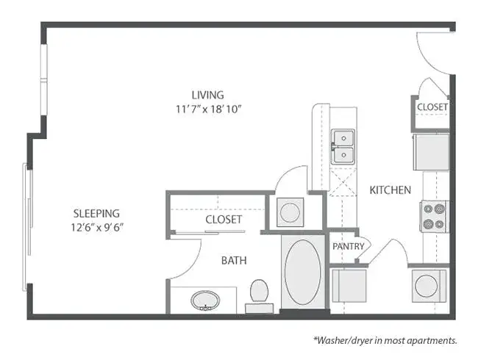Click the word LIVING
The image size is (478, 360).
pos(207,95)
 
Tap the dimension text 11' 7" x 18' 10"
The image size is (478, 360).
pos(209,109)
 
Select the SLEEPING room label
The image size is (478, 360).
pos(96,214)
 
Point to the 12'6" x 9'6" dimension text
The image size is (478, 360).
pos(98,228)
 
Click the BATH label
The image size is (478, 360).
pos(234,261)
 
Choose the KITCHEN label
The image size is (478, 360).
pos(390,190)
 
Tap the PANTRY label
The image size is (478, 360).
pos(348,246)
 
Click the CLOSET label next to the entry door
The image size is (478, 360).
pos(432,107)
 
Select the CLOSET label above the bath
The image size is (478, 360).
pos(224,219)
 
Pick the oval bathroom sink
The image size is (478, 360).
pos(205,300)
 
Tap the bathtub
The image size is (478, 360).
pos(303,272)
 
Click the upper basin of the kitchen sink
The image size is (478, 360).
pos(343,138)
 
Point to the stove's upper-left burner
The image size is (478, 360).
pos(428,209)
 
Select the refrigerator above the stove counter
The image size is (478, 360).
pos(431,152)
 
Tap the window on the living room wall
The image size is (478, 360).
pos(44,80)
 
